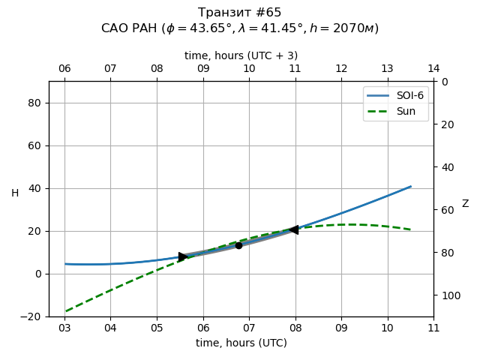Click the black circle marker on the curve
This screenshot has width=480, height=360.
238,245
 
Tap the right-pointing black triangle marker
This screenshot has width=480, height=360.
183,256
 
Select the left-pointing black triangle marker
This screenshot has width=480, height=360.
294,229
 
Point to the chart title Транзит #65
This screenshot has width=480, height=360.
240,13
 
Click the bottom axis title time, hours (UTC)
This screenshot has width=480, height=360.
241,343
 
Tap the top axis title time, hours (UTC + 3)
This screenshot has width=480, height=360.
241,55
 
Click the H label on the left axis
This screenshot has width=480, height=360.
15,193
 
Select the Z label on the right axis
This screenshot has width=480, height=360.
465,204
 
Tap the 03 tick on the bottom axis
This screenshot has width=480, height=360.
64,328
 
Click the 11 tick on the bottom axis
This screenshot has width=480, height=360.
433,328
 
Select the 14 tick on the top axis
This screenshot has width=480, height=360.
433,69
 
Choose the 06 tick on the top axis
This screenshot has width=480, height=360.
64,69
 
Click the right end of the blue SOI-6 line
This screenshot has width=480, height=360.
411,187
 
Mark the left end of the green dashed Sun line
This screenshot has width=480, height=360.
65,311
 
